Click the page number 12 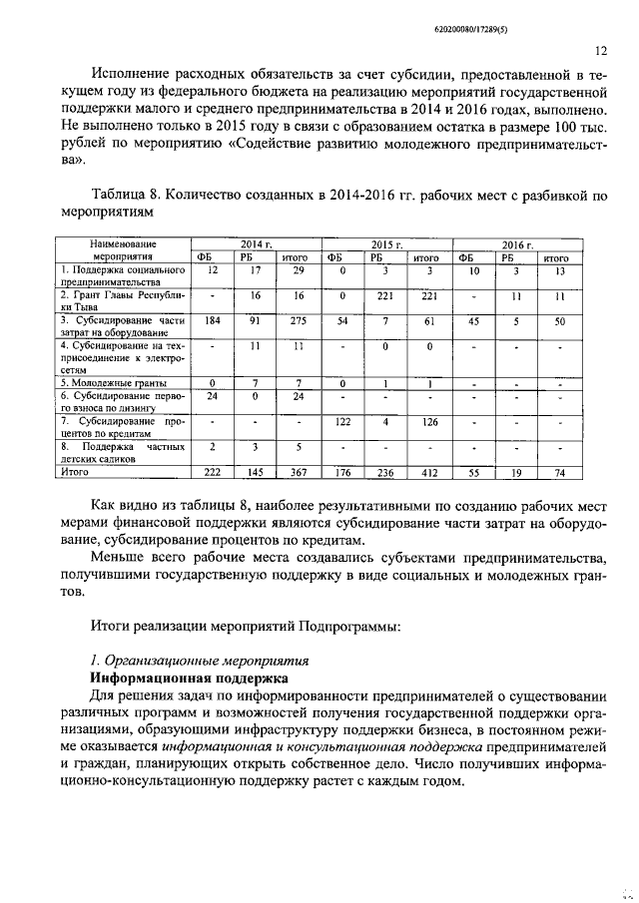click(601, 49)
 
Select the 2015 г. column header click(386, 243)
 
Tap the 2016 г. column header click(517, 243)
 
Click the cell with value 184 click(212, 320)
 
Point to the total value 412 click(428, 471)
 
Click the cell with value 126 click(428, 421)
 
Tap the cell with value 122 click(342, 421)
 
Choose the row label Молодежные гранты click(112, 383)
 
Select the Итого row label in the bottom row click(76, 471)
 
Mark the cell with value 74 click(560, 471)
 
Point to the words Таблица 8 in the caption click(126, 196)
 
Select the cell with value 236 click(385, 471)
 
